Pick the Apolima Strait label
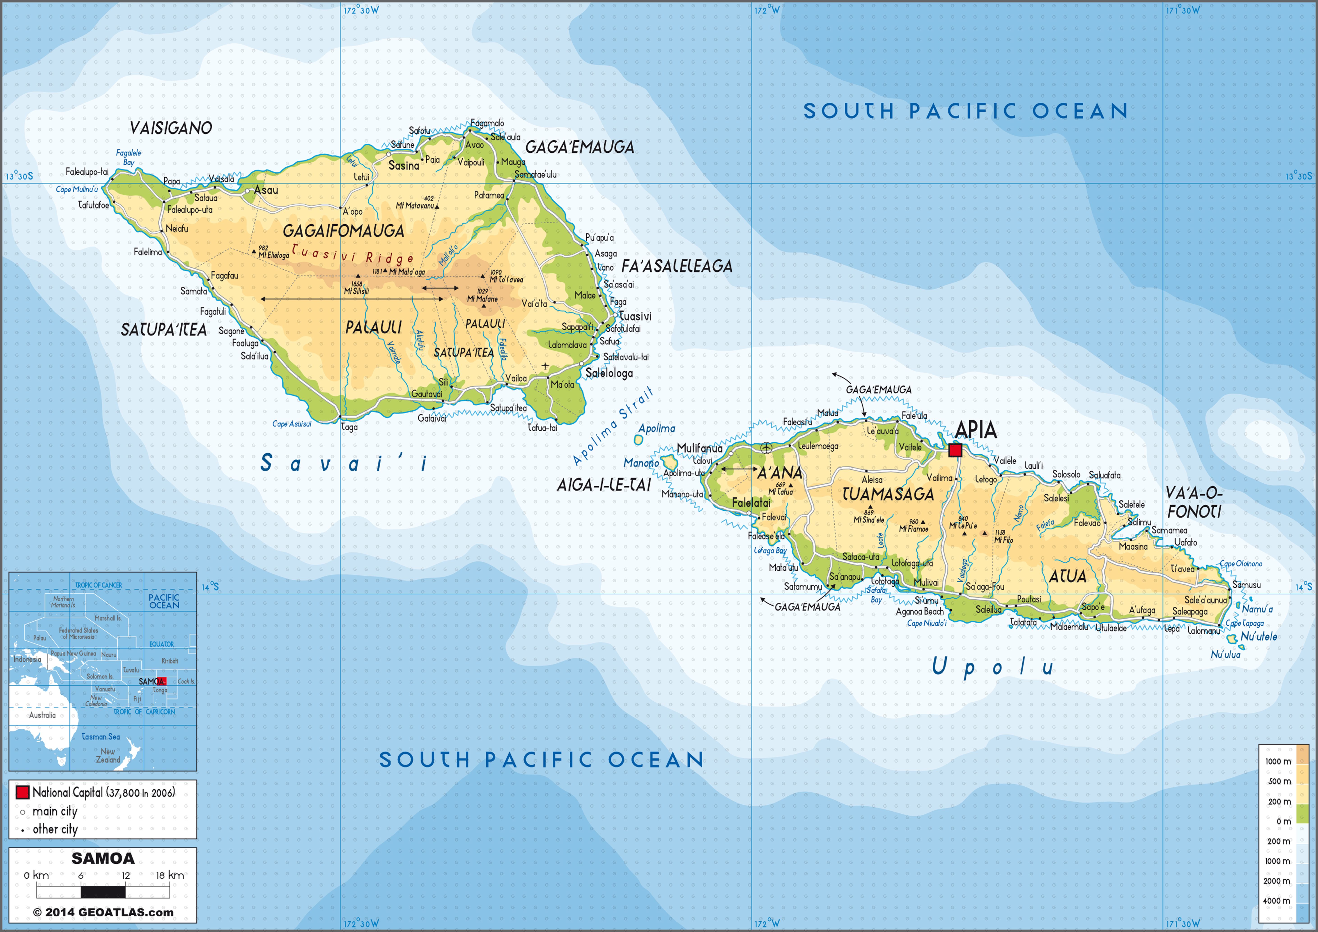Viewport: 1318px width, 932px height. click(613, 425)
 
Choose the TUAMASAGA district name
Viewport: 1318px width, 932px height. click(888, 494)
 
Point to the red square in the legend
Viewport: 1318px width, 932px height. click(22, 792)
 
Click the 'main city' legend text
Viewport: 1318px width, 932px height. click(55, 811)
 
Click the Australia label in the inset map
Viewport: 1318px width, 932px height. click(42, 715)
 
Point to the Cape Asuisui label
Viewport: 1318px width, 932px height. click(292, 424)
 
